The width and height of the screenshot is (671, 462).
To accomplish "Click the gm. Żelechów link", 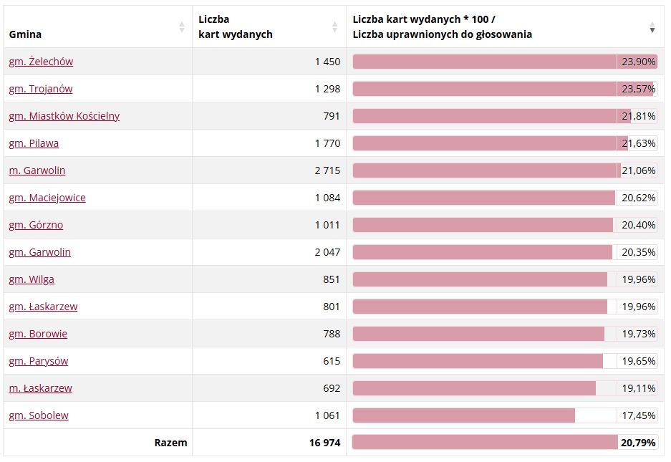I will (x=41, y=62).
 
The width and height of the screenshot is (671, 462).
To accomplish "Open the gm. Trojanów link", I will (x=41, y=89).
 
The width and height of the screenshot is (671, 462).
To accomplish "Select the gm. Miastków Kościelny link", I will (x=64, y=116).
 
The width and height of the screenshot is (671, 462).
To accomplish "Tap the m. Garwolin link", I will (x=37, y=170).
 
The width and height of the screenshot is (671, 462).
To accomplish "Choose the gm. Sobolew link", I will (x=39, y=415).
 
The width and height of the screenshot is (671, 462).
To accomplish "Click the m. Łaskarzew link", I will (x=41, y=388).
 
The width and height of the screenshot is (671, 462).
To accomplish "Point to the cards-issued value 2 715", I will (x=327, y=170).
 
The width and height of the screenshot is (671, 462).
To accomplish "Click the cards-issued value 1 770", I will (x=327, y=143).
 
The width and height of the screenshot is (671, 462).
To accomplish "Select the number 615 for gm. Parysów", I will (x=332, y=361).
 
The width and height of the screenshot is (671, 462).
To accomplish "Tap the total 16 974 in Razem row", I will (x=324, y=443).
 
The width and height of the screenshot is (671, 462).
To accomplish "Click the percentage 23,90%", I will (x=638, y=62).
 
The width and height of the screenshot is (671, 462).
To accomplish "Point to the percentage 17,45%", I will (x=638, y=415).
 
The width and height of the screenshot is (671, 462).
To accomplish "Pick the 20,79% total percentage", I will (x=638, y=443).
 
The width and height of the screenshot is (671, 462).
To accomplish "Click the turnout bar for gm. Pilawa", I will (x=490, y=143).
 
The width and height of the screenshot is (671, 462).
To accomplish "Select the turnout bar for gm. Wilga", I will (x=480, y=279).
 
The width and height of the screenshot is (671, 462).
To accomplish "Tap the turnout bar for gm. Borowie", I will (x=478, y=334).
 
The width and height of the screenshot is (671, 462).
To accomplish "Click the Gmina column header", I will (x=26, y=34).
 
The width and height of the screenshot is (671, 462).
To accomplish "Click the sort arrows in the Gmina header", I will (x=182, y=27).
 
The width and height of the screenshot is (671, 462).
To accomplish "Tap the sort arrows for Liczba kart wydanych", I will (x=334, y=27).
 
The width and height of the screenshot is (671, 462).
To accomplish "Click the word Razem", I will (x=170, y=443).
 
